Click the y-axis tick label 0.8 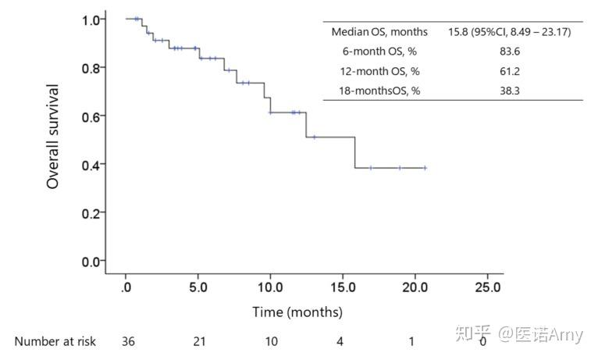pos(91,68)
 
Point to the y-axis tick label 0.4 pos(91,165)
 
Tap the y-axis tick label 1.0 pos(91,20)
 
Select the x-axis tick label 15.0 pos(343,287)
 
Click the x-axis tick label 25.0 pos(488,287)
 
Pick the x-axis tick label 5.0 pos(198,287)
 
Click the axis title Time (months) pos(297,312)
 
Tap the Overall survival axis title pos(52,137)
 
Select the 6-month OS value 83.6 pos(510,51)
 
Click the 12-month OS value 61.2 pos(510,71)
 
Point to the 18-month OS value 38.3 pos(510,91)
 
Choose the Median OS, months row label pos(379,32)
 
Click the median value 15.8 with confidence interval pos(510,32)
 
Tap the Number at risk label pos(55,341)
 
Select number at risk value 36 pos(128,341)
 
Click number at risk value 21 pos(199,341)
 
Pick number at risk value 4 pos(340,341)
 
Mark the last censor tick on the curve pos(425,168)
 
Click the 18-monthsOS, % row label pos(379,91)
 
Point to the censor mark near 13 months pos(315,137)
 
